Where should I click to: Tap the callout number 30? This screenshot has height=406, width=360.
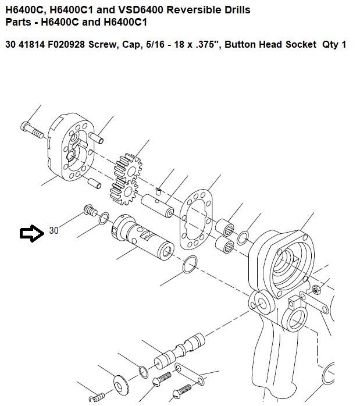point(54,230)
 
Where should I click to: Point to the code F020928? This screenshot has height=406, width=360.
point(66,44)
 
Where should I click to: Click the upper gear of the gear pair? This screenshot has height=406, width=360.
point(129,168)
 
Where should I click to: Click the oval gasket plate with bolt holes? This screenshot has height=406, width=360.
point(196,220)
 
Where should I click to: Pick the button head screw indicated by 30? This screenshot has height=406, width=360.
point(90,210)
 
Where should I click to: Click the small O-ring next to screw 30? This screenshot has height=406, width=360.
point(104,218)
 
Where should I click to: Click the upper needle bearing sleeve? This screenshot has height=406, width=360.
point(225,228)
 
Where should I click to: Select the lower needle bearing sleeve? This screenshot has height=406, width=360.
point(224,244)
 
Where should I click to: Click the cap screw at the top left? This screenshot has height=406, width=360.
point(31,130)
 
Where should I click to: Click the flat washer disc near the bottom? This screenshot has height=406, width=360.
point(120,387)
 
